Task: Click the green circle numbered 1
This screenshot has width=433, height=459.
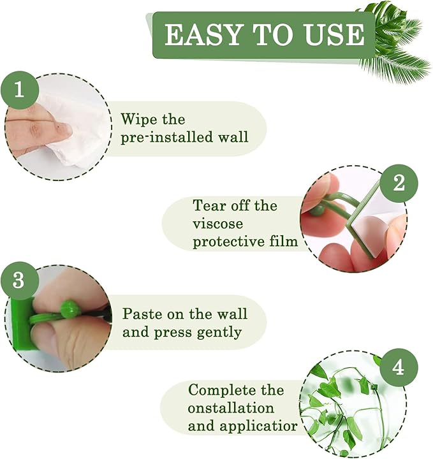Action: click(x=18, y=89)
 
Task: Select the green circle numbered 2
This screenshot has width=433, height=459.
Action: click(x=399, y=184)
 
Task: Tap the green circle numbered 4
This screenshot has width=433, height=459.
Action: click(x=398, y=368)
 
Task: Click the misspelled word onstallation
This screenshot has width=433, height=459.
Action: click(x=231, y=407)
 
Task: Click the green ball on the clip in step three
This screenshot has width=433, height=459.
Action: click(x=70, y=310)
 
